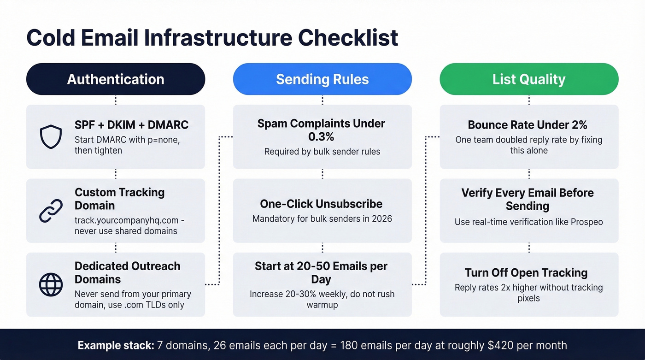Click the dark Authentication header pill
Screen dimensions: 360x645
115,79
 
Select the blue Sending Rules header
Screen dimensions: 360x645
322,79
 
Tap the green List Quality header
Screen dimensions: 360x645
529,79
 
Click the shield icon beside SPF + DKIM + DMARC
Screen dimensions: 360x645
51,137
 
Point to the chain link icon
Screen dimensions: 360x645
51,211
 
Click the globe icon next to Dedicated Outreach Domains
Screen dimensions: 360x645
51,284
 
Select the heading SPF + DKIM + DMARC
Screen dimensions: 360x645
131,125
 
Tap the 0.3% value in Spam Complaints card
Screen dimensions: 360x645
322,137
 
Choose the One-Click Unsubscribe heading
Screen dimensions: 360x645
321,204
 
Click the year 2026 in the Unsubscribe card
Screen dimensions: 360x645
380,218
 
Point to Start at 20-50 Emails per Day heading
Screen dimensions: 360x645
321,272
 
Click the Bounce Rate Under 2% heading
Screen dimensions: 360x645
528,125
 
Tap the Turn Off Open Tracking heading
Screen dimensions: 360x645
526,272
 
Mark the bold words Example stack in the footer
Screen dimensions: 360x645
116,345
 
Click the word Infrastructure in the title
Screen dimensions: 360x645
217,38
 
